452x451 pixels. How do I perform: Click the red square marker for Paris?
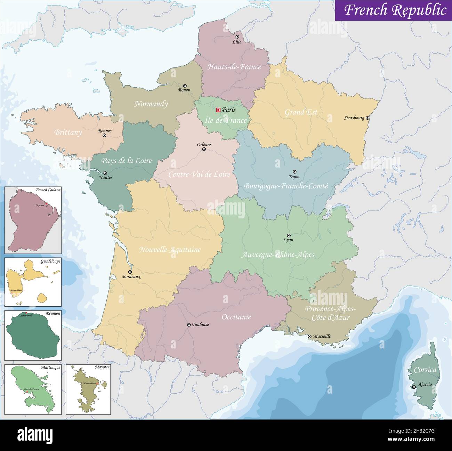(218, 110)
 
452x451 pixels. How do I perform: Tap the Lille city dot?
(237, 37)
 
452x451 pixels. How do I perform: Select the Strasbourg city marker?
(368, 118)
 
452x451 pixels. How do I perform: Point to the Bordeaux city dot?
(130, 272)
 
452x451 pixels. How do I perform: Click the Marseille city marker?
(309, 336)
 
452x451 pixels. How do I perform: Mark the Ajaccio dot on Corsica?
(414, 387)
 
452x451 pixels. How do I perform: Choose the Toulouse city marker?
(189, 324)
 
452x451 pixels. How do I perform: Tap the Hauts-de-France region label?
(234, 67)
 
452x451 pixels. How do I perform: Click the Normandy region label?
(151, 104)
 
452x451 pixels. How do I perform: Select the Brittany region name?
(68, 132)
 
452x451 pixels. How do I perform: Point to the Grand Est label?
(301, 112)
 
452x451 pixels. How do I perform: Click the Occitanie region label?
(236, 317)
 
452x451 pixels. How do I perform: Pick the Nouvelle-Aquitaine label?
(170, 249)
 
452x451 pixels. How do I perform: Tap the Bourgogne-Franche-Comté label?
(286, 186)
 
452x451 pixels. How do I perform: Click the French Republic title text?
(395, 10)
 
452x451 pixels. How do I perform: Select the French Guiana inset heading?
(48, 190)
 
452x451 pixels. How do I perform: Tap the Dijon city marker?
(294, 172)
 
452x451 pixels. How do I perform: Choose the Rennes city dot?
(104, 135)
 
